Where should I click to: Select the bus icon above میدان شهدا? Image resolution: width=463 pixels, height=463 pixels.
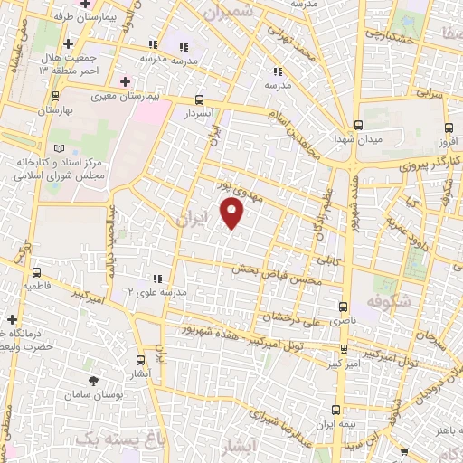pos(359,125)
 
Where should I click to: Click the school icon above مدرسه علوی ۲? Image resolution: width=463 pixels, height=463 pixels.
pos(156,278)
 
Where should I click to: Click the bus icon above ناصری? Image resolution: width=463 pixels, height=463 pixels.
pos(342,307)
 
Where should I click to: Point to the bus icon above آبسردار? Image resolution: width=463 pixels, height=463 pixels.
pos(199,101)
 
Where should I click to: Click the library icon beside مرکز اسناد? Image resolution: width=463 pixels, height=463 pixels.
pos(59,147)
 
